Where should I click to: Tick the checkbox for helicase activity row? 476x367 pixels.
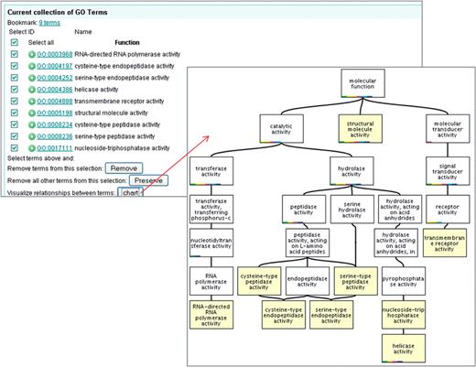click(x=14, y=90)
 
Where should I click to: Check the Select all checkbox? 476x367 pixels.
click(x=14, y=42)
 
